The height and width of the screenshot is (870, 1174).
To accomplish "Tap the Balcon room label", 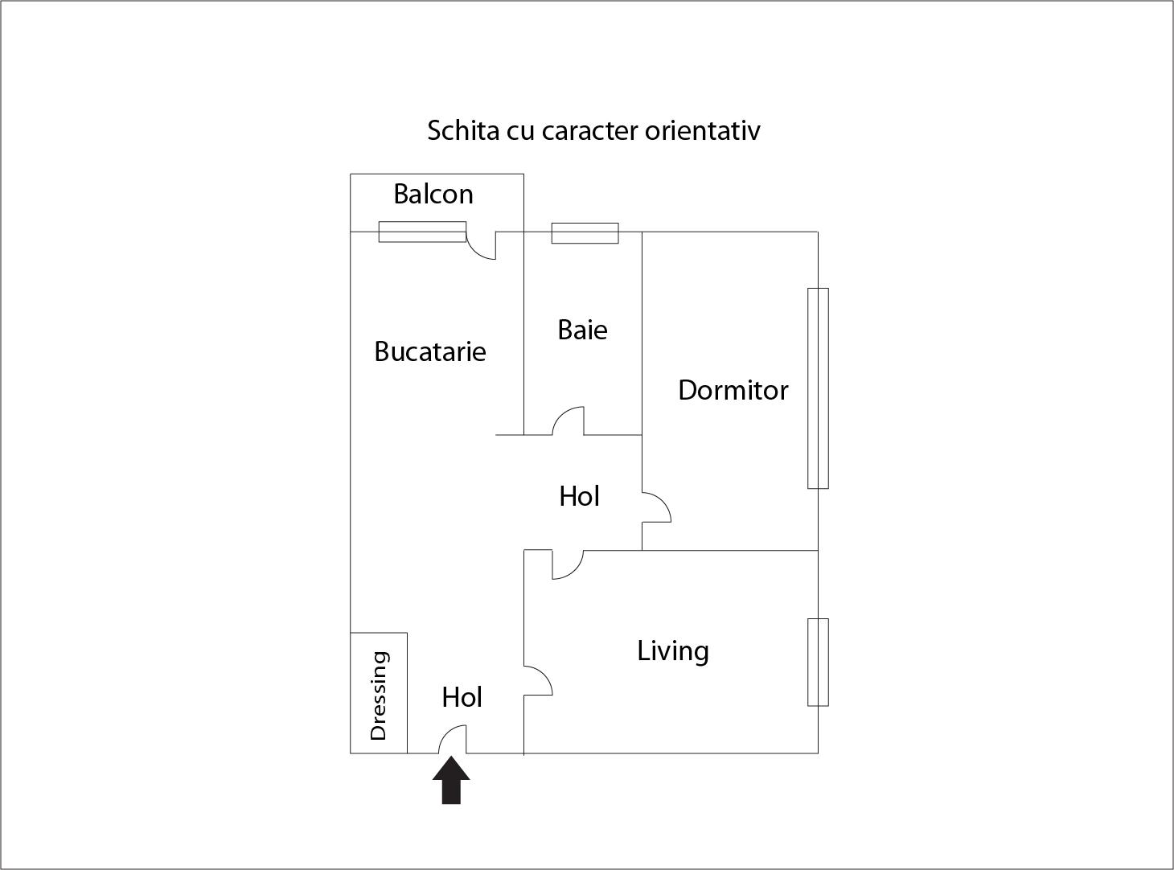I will (x=433, y=194).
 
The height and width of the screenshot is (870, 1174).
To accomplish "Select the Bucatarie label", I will (x=430, y=351).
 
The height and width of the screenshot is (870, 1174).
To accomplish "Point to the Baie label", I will (x=582, y=330).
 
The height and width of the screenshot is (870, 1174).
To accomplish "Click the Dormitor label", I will (x=733, y=390).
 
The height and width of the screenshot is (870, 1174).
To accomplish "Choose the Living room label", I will (x=673, y=650).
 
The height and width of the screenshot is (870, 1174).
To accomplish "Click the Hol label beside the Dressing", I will (x=462, y=697).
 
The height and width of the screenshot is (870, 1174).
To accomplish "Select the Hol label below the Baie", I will (x=579, y=497).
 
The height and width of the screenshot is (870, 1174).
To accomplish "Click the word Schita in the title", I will (x=464, y=130).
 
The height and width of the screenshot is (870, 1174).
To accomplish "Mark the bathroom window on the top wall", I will (x=585, y=233).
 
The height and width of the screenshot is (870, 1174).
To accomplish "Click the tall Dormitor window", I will (x=818, y=388).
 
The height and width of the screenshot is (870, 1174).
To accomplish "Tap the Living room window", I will (x=818, y=662).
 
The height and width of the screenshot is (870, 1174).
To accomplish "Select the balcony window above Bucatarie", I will (x=422, y=232).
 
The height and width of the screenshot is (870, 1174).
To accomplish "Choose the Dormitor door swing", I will (x=656, y=507).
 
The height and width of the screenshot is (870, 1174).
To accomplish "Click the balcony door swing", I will (x=482, y=246).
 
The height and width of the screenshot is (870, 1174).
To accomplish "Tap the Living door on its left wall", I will (x=537, y=680).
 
